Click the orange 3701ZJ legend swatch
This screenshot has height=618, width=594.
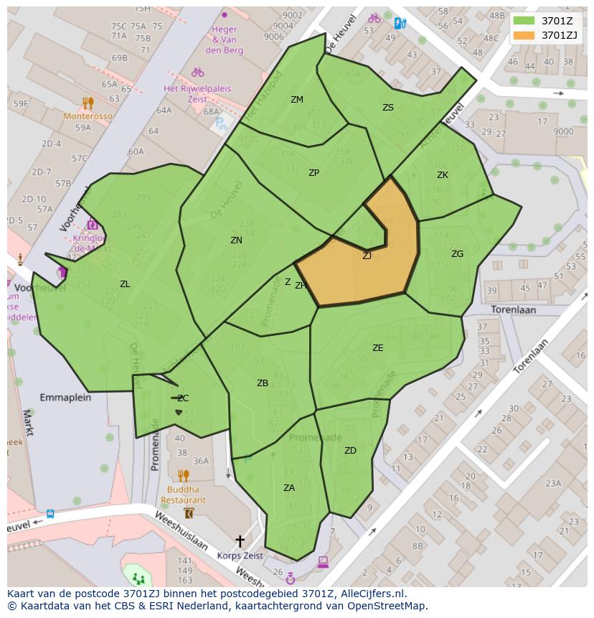pyautogui.click(x=524, y=35)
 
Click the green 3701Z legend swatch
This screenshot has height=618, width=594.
pyautogui.click(x=524, y=20)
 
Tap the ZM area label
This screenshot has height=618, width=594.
pyautogui.click(x=297, y=100)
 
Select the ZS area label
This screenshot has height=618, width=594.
pyautogui.click(x=388, y=108)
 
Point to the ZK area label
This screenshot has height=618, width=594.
pyautogui.click(x=443, y=175)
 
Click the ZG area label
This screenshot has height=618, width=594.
pyautogui.click(x=457, y=254)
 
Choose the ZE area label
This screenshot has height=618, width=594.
pyautogui.click(x=378, y=348)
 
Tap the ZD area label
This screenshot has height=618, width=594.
pyautogui.click(x=350, y=451)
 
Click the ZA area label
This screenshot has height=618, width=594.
pyautogui.click(x=289, y=488)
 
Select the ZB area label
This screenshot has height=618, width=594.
pyautogui.click(x=263, y=383)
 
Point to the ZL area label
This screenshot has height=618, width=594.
pyautogui.click(x=125, y=284)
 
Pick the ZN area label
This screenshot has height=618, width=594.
pyautogui.click(x=236, y=240)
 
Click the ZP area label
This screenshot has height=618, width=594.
pyautogui.click(x=313, y=173)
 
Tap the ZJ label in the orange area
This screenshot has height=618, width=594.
pyautogui.click(x=367, y=256)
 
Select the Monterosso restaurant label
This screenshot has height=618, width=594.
pyautogui.click(x=88, y=116)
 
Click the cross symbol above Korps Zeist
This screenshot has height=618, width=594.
pyautogui.click(x=240, y=540)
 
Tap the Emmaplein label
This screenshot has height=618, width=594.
pyautogui.click(x=65, y=397)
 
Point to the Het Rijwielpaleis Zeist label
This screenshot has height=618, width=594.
pyautogui.click(x=197, y=93)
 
